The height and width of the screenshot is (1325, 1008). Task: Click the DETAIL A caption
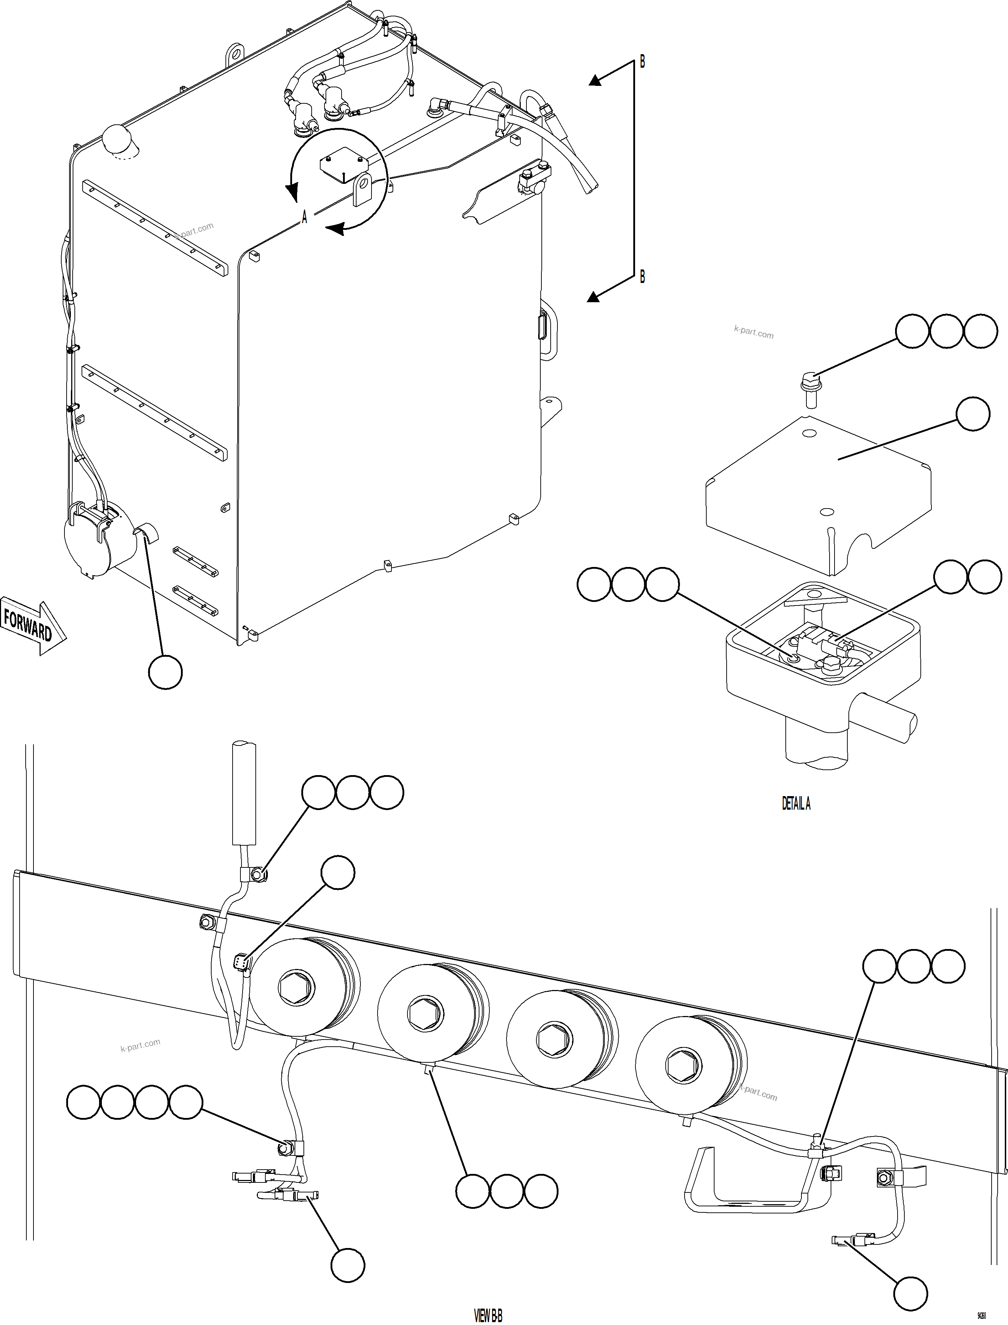click(796, 803)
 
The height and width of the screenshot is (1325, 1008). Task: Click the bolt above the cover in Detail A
click(810, 384)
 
